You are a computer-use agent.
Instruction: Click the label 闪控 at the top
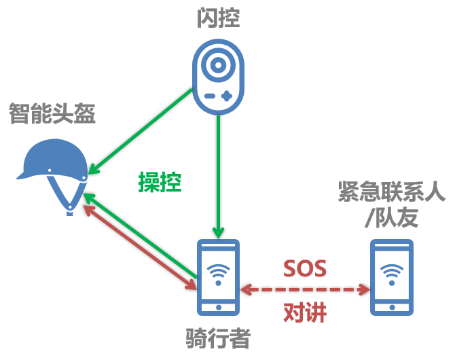pyautogui.click(x=219, y=18)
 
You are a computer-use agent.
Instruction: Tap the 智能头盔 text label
pyautogui.click(x=52, y=113)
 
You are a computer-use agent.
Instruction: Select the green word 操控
pyautogui.click(x=160, y=182)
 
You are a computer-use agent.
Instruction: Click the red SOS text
pyautogui.click(x=305, y=268)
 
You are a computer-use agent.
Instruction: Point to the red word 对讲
pyautogui.click(x=305, y=312)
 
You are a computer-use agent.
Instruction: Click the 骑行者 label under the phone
pyautogui.click(x=218, y=338)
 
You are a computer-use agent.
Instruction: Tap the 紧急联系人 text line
pyautogui.click(x=392, y=192)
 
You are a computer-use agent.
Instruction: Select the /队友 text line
pyautogui.click(x=392, y=217)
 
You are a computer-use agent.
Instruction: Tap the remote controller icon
pyautogui.click(x=218, y=77)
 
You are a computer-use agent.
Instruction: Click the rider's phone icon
pyautogui.click(x=218, y=277)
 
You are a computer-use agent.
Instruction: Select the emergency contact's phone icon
pyautogui.click(x=392, y=277)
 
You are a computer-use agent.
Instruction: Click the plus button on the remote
pyautogui.click(x=227, y=96)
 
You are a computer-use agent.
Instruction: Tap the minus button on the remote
pyautogui.click(x=210, y=96)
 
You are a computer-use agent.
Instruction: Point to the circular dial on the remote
pyautogui.click(x=218, y=65)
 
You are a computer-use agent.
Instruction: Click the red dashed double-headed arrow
pyautogui.click(x=305, y=289)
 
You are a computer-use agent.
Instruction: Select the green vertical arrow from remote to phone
pyautogui.click(x=218, y=177)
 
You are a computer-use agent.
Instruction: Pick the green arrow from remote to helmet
pyautogui.click(x=140, y=132)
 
